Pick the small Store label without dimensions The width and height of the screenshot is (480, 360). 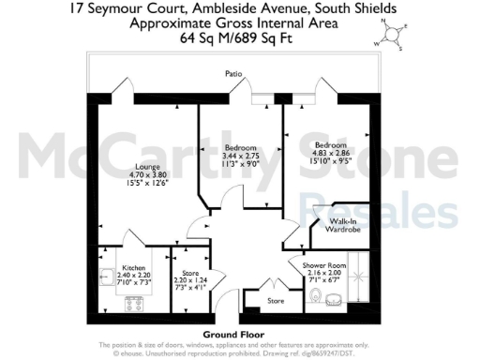tap(276, 301)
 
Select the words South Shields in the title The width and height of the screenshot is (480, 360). tap(361, 8)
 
